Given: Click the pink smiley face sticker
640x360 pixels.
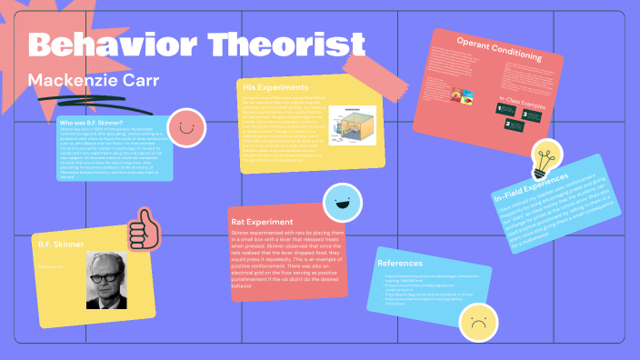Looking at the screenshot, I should [186, 127].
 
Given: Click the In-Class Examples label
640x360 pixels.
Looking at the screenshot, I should [523, 103].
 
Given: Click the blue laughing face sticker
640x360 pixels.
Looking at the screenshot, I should [343, 203].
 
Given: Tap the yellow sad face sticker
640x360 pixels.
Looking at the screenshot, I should [478, 319].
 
